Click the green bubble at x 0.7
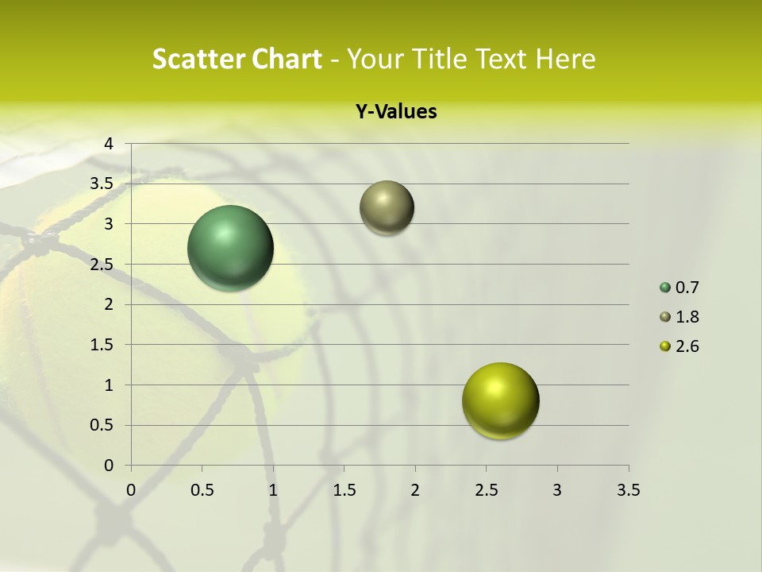[230, 248]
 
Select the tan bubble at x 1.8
[387, 207]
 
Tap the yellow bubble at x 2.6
[500, 400]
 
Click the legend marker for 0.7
[665, 288]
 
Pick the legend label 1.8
[687, 317]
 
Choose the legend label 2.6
[687, 346]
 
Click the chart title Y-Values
[396, 112]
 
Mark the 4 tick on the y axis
[109, 144]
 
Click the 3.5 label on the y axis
[103, 184]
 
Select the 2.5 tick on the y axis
[103, 265]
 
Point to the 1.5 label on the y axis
[103, 345]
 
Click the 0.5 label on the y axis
[103, 425]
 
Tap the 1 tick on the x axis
[273, 490]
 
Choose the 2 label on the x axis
[415, 490]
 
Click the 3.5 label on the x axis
[628, 490]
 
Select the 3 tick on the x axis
[557, 490]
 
